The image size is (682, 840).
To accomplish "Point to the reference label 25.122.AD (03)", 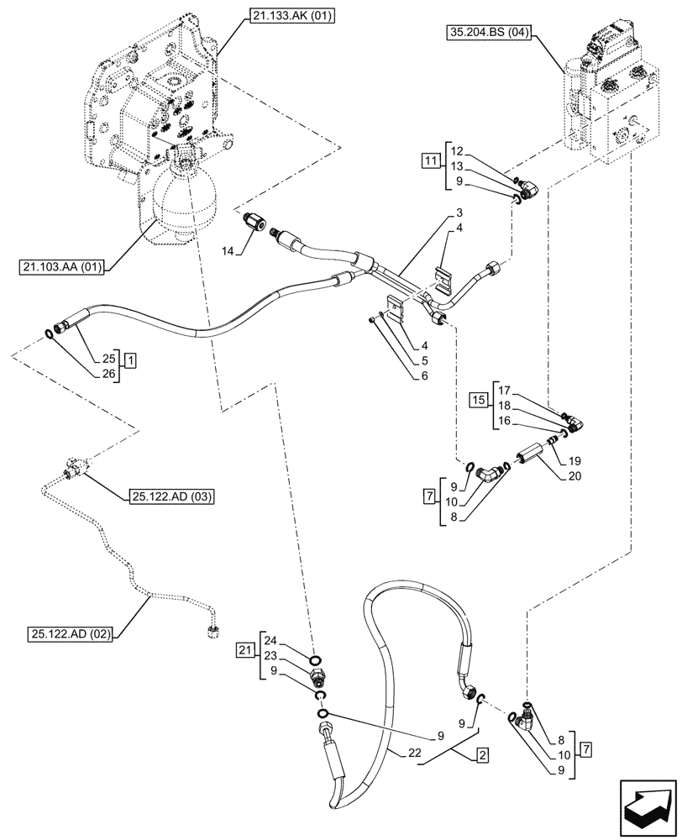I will click(x=170, y=496).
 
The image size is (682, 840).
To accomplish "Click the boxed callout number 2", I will click(x=483, y=755).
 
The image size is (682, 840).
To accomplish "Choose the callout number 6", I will click(x=426, y=376).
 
